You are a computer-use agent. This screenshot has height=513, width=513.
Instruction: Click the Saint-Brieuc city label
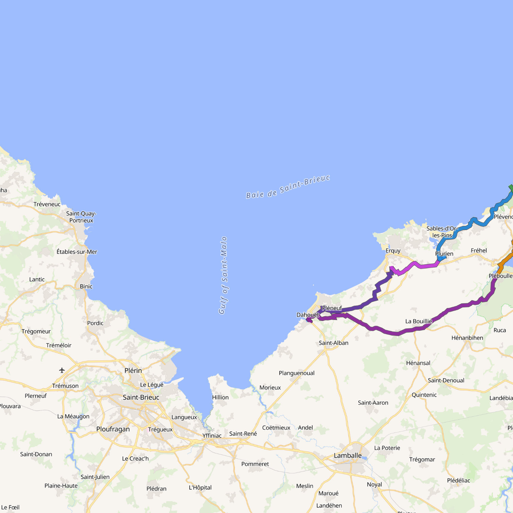(x=141, y=397)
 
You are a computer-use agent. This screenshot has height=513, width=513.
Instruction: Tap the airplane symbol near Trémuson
(x=62, y=370)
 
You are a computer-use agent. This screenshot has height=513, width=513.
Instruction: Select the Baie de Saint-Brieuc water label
(x=288, y=187)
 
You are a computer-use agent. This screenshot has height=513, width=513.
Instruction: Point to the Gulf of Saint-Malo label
(x=223, y=275)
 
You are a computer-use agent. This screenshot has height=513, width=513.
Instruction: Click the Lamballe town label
(x=347, y=455)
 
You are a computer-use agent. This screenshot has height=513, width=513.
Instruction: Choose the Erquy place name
(x=393, y=251)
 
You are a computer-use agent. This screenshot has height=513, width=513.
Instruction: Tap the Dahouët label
(x=307, y=315)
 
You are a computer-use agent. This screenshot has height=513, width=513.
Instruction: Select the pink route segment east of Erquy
(x=421, y=265)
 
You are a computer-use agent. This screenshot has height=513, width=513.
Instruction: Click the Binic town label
(x=86, y=286)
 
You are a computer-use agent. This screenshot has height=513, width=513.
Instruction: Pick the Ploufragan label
(x=113, y=429)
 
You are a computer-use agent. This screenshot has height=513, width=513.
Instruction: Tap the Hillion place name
(x=220, y=397)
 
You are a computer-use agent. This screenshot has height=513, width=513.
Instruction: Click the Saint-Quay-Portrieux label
(x=81, y=217)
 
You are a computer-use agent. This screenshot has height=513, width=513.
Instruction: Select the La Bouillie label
(x=419, y=321)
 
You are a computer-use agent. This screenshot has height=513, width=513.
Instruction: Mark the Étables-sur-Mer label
(x=77, y=252)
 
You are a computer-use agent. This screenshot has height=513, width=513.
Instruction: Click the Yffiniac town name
(x=212, y=436)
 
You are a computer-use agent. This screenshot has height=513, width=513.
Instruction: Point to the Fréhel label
(x=479, y=250)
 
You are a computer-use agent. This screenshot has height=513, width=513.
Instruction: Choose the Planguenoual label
(x=297, y=373)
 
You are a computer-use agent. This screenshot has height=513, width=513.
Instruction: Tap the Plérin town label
(x=133, y=370)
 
